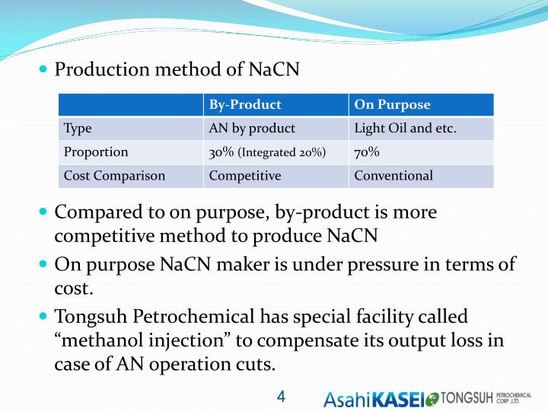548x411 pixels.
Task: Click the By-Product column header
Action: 245,105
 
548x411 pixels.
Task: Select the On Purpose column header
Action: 393,105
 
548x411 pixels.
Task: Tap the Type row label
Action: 78,129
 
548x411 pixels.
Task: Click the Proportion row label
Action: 96,152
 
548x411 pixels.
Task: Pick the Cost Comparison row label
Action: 114,176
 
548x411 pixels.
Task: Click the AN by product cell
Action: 252,129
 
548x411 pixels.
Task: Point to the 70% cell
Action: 368,152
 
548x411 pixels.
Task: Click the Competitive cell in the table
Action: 245,176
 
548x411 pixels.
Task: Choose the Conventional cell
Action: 393,176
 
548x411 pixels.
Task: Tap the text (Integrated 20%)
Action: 282,153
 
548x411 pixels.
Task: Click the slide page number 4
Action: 281,396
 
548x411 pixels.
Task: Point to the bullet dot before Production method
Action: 43,69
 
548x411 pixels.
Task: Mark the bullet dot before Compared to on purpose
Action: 43,211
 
